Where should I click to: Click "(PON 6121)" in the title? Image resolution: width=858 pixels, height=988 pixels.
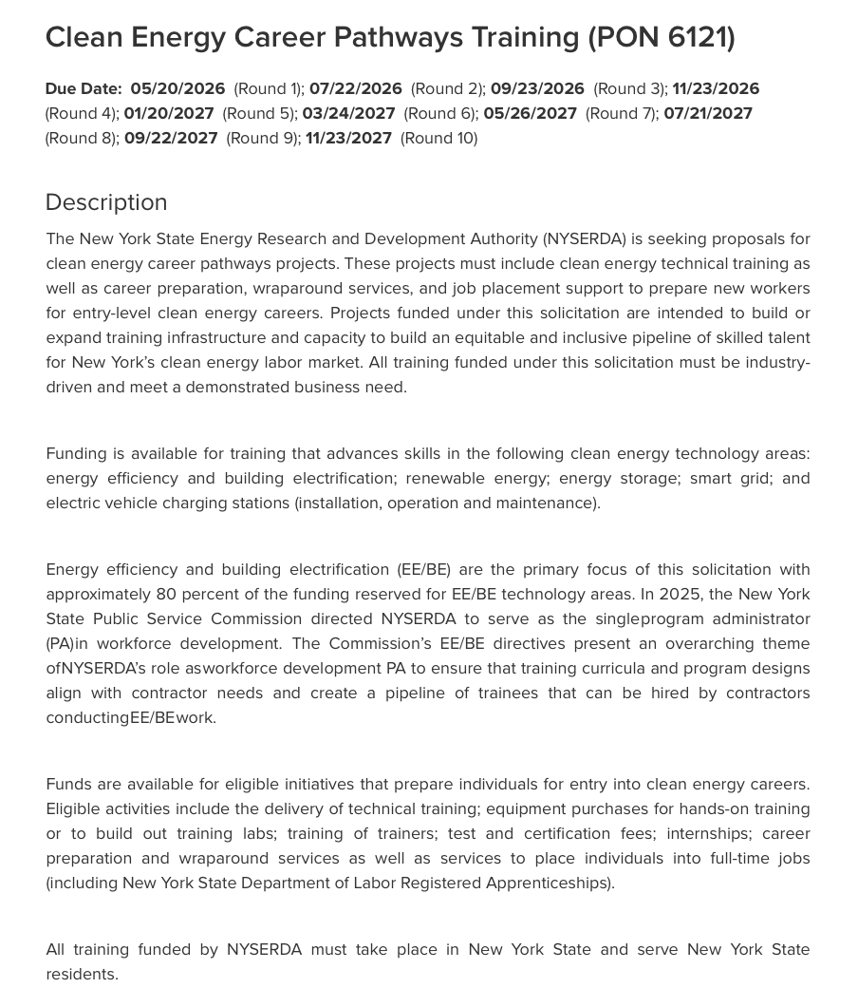coord(661,37)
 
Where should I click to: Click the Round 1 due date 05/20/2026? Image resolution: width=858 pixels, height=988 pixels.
coord(177,88)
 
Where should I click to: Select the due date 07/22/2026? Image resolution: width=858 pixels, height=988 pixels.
coord(355,88)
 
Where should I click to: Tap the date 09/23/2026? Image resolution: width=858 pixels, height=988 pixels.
coord(537,88)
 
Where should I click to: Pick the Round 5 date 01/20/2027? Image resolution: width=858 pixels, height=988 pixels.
coord(169,113)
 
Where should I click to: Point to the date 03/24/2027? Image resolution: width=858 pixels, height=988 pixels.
coord(348,113)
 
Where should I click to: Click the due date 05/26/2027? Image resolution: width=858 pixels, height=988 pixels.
coord(530,113)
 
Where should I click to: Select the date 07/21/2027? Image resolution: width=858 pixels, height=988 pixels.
coord(708,113)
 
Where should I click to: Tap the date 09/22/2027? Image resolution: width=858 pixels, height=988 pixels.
coord(171,138)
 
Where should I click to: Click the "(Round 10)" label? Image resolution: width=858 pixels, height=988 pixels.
coord(438,138)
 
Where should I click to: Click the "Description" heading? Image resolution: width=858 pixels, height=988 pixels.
coord(106,202)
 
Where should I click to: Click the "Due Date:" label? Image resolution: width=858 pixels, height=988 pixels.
coord(84,88)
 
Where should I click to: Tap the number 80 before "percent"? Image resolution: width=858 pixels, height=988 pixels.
coord(166,594)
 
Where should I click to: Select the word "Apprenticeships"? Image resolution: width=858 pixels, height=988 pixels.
coord(548,883)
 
